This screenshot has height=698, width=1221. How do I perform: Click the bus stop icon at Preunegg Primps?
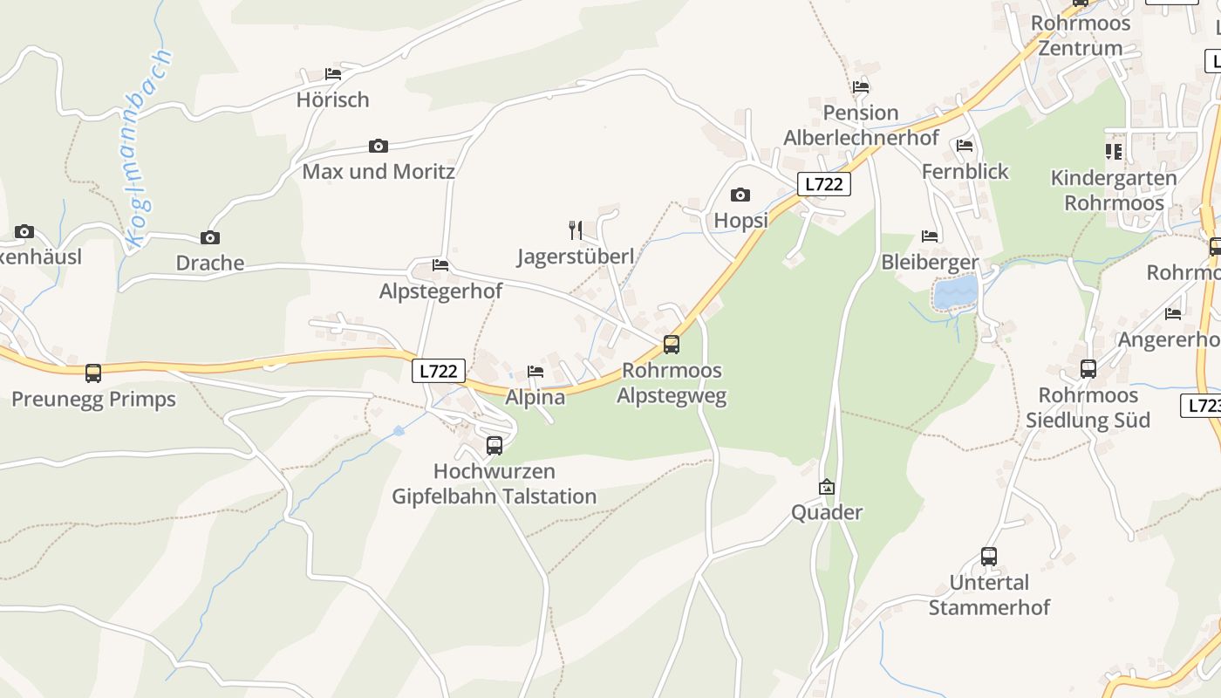click(x=93, y=373)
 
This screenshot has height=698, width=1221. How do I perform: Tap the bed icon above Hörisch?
click(x=333, y=74)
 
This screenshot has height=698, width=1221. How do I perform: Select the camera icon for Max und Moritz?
click(x=378, y=146)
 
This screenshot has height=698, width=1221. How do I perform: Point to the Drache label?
click(x=209, y=263)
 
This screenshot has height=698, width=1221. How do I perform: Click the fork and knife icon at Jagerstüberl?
click(x=576, y=230)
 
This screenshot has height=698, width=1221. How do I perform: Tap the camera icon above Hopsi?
click(x=740, y=195)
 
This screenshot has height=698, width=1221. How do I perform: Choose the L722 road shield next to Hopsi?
click(x=823, y=184)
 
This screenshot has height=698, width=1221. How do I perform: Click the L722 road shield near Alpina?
click(x=438, y=371)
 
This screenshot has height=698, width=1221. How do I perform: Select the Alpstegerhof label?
click(x=440, y=291)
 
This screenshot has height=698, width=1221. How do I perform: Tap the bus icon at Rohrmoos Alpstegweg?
click(x=671, y=345)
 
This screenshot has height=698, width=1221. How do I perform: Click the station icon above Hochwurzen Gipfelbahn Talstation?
click(x=495, y=446)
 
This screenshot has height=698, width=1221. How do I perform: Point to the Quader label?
click(x=827, y=512)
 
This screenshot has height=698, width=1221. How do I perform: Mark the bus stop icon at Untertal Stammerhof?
click(x=988, y=557)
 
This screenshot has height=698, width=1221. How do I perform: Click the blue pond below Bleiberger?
click(x=956, y=293)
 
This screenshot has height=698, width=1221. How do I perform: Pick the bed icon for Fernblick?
click(x=965, y=146)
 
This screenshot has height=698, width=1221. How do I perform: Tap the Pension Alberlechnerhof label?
click(x=861, y=125)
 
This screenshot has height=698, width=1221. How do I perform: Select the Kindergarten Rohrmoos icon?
click(x=1114, y=152)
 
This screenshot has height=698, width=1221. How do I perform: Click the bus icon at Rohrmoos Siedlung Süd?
click(x=1088, y=369)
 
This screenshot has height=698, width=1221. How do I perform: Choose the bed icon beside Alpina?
click(x=535, y=372)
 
